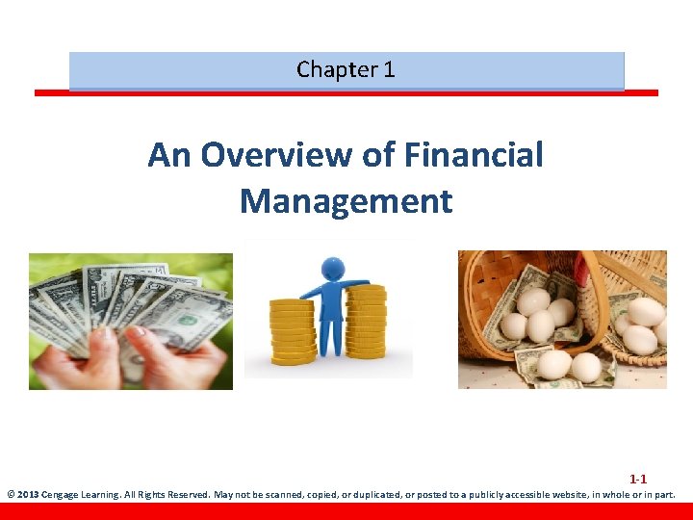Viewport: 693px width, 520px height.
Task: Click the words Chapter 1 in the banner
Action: coord(346,69)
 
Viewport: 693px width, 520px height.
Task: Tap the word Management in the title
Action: coord(346,201)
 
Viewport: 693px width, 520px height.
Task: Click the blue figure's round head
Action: coord(333,268)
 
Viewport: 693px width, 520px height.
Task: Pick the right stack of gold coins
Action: coord(366,323)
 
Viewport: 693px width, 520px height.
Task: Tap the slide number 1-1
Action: coord(638,479)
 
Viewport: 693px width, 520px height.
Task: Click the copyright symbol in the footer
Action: coord(11,496)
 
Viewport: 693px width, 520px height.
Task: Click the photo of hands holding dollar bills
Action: coord(130,321)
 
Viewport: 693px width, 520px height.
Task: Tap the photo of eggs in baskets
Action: coord(562,319)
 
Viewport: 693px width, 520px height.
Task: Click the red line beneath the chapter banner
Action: coord(346,93)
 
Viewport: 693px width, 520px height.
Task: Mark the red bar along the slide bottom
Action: coord(346,511)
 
